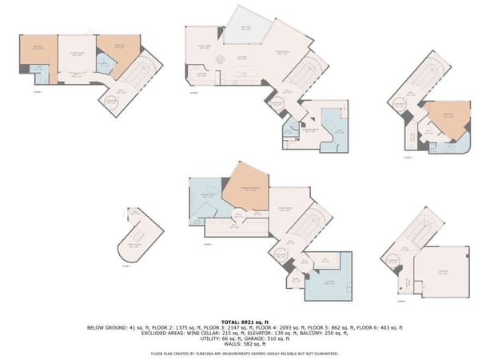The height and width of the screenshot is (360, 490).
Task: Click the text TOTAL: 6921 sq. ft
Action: point(245,321)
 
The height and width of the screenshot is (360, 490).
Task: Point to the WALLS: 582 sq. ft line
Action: point(245,344)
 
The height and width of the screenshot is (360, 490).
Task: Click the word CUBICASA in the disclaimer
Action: point(209,352)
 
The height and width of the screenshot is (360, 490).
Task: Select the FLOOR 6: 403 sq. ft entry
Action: point(384,327)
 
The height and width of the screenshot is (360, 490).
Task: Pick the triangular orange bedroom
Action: point(440,118)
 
